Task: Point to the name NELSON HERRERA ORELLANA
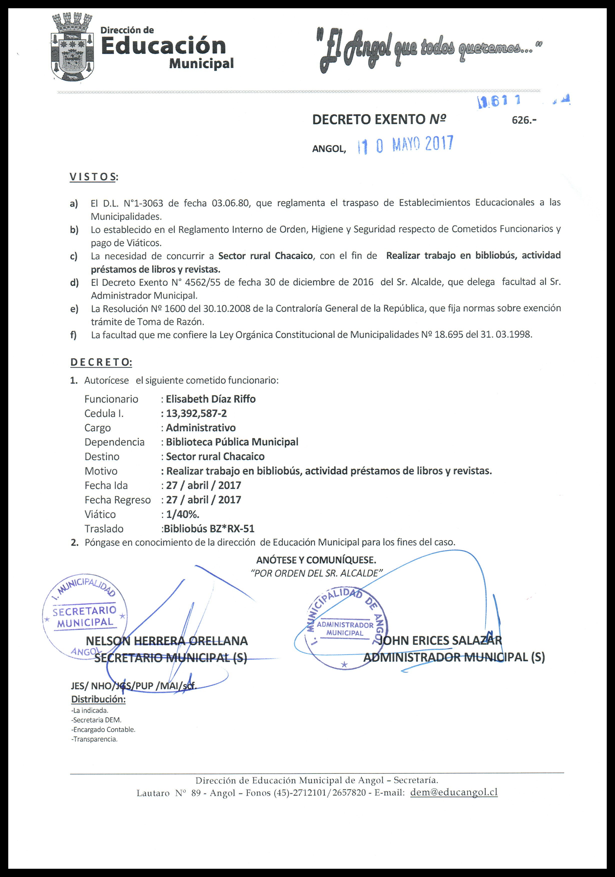167,640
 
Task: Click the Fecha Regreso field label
117,500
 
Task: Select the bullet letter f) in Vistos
73,335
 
